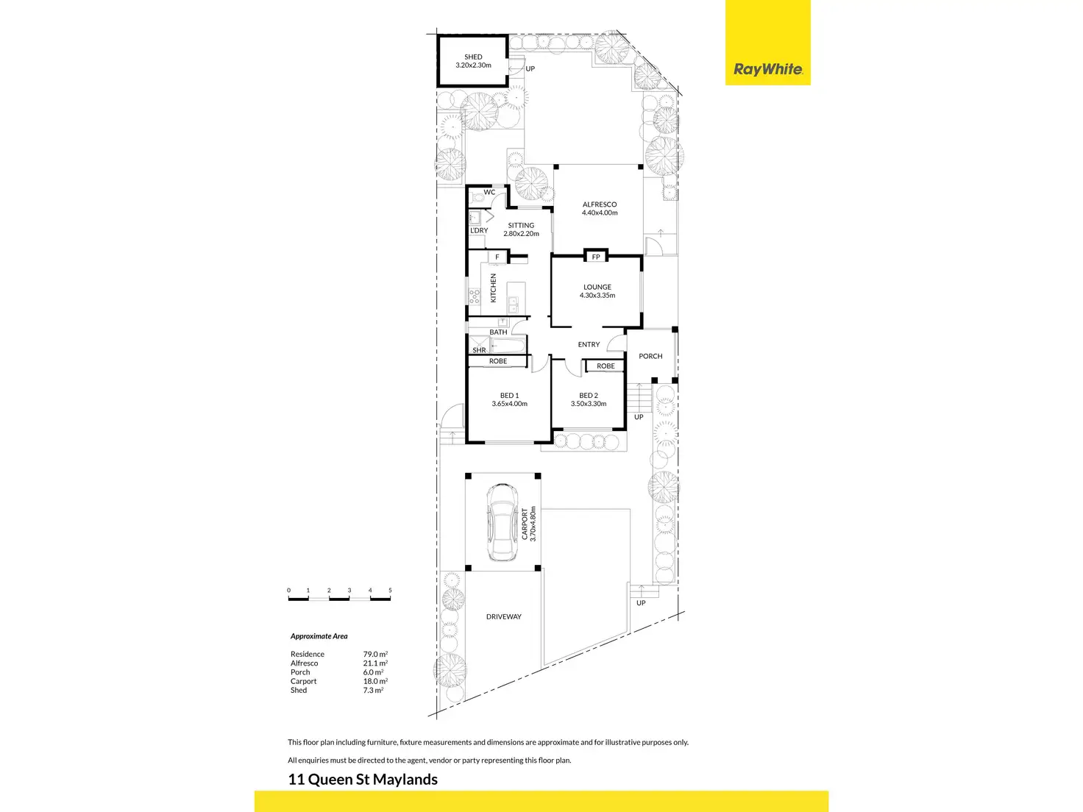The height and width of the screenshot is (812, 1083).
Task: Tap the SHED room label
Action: (473, 57)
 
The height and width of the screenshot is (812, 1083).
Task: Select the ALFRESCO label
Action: (600, 204)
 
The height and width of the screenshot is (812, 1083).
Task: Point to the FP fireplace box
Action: (595, 257)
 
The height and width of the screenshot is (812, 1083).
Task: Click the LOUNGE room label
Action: (597, 287)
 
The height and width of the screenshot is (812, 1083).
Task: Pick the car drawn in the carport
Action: (503, 523)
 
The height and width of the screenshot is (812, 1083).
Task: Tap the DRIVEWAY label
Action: (504, 616)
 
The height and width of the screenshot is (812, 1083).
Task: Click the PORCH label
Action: (650, 356)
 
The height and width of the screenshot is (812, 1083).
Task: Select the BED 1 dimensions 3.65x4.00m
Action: (509, 403)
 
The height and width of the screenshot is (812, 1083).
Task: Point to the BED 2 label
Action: (588, 396)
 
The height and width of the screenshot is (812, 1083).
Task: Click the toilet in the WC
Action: (477, 198)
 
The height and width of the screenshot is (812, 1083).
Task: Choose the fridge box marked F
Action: (497, 257)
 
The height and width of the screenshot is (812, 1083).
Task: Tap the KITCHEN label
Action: (493, 288)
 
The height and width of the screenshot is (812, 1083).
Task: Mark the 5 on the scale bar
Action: (390, 590)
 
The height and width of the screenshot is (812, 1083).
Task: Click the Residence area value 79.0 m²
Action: (375, 655)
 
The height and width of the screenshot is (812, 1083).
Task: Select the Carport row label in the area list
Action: (303, 681)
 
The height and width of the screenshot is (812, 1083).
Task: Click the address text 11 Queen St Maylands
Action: (363, 780)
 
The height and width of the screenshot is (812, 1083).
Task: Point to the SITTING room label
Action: (521, 225)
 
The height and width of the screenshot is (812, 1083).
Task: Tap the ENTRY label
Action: (589, 345)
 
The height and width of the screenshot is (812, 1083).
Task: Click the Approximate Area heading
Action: (319, 636)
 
